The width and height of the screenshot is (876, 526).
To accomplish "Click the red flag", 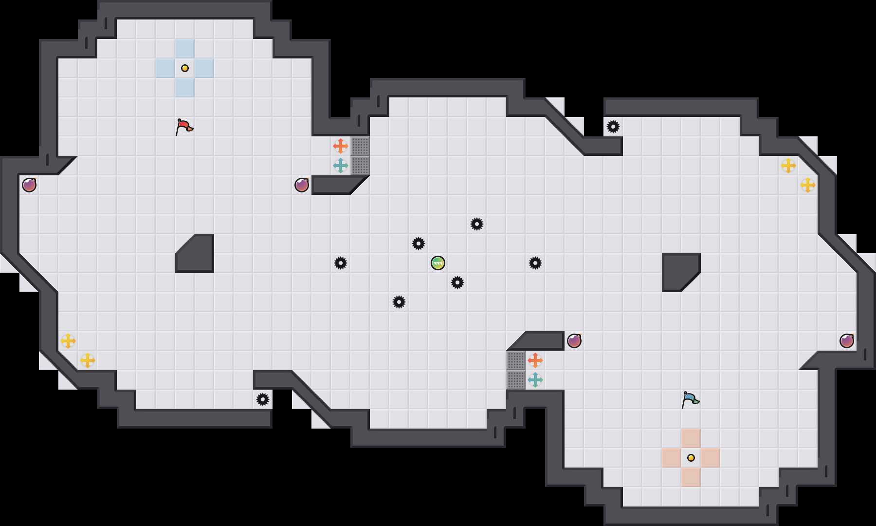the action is tap(184, 127).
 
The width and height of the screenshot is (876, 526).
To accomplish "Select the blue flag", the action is tap(690, 399).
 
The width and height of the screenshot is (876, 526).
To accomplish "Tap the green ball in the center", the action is tap(438, 263).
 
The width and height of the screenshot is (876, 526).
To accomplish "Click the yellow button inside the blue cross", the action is tap(185, 68).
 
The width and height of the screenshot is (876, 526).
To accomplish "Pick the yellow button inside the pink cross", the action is tap(691, 458).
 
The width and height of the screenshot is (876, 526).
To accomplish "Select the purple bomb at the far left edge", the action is tap(29, 185).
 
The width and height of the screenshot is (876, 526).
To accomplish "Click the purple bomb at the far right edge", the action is tap(847, 341).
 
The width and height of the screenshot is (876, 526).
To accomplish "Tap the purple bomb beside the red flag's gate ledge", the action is tap(302, 185).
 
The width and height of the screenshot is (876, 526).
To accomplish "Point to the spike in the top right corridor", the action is tap(613, 127).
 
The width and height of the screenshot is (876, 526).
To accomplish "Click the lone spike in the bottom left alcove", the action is tap(263, 399).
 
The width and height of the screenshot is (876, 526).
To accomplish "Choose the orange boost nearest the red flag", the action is tap(341, 146).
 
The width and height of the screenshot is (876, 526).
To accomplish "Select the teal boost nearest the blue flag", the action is tap(535, 380).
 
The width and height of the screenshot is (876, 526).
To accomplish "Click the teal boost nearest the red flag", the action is tap(341, 166).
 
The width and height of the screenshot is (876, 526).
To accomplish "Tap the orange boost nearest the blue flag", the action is tap(535, 360).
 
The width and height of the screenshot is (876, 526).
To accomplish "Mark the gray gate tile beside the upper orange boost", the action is tap(360, 146).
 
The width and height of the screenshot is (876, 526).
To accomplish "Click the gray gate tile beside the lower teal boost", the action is tap(516, 380).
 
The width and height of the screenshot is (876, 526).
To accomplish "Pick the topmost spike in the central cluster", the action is tap(477, 224).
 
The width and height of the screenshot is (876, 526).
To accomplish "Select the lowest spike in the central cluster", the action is tap(399, 302).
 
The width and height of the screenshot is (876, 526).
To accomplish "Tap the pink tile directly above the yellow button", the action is tap(691, 438).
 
